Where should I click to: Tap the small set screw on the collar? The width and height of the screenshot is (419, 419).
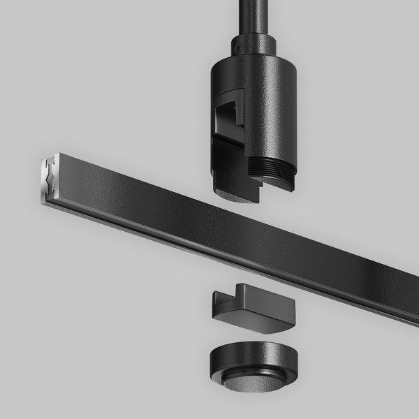click(236, 50)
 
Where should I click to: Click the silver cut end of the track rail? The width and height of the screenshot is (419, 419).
click(46, 182)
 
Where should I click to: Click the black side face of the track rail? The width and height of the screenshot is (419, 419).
click(209, 223)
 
